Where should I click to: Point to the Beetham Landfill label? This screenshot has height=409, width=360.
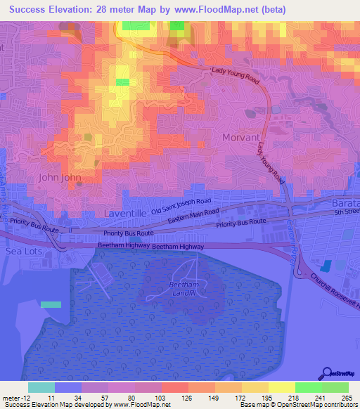pos(186,289)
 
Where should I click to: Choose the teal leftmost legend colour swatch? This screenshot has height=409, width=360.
pos(41,387)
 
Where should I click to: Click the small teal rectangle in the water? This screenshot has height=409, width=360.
pos(51,304)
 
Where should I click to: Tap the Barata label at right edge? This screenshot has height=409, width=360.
pos(345,202)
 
